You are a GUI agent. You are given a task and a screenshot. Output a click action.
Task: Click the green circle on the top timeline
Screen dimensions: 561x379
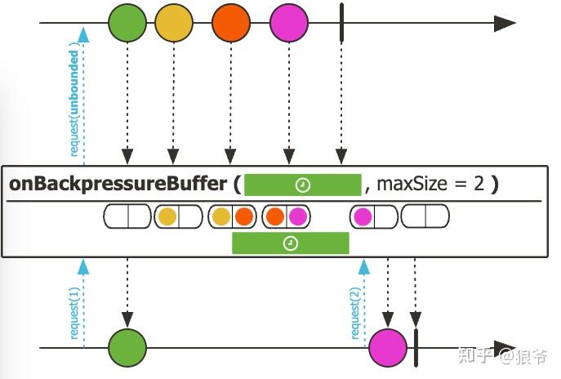click(x=127, y=23)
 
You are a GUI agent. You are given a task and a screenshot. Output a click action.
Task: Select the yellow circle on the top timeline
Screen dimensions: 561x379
click(x=174, y=23)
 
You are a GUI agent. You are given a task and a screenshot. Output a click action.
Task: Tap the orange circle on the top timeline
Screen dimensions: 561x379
click(x=231, y=23)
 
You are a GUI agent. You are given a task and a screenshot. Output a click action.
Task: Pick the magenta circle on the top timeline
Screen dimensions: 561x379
click(x=289, y=23)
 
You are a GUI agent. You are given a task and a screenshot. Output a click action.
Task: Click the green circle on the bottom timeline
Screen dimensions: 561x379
click(x=127, y=347)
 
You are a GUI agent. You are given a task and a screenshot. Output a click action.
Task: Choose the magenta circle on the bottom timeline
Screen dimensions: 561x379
click(x=388, y=347)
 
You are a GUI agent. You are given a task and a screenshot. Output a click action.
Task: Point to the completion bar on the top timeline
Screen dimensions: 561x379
click(x=341, y=23)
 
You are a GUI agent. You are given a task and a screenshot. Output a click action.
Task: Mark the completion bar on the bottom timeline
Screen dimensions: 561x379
click(x=416, y=347)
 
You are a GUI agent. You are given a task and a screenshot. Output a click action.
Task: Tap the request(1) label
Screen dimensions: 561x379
click(x=73, y=313)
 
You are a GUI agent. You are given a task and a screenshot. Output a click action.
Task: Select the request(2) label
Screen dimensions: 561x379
click(x=354, y=313)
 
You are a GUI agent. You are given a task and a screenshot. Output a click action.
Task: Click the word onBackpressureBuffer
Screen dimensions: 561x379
click(x=118, y=184)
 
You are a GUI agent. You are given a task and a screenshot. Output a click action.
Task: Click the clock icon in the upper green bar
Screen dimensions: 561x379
click(x=303, y=185)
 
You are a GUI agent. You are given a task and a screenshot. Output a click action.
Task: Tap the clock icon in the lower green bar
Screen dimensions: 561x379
click(x=291, y=243)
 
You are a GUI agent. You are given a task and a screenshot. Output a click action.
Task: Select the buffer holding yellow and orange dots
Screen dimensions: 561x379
click(x=233, y=216)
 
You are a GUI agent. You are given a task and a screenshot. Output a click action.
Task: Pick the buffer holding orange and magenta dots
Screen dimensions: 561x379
click(x=287, y=216)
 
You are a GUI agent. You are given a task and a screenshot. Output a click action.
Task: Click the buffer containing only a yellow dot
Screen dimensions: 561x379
click(x=179, y=216)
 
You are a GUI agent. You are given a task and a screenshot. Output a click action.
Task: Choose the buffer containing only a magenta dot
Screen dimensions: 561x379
click(x=374, y=216)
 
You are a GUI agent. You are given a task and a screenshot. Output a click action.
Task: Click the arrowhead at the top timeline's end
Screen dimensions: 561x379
click(x=505, y=23)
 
